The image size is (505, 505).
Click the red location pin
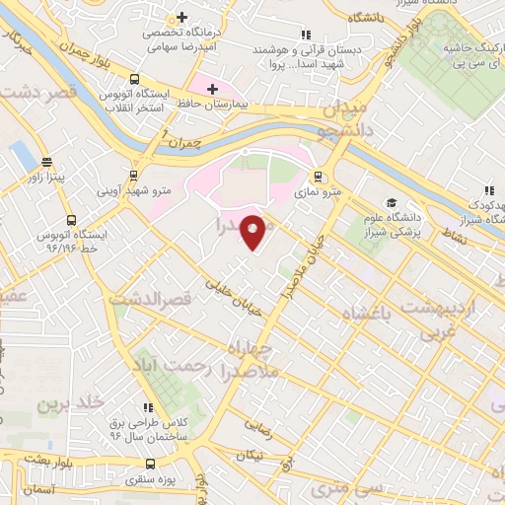(253, 231)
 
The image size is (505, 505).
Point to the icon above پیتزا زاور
(45, 163)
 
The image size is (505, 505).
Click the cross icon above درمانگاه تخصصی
(181, 17)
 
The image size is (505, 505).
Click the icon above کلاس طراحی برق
(149, 406)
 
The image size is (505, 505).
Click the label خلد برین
(71, 404)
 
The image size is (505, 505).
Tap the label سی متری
(335, 489)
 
